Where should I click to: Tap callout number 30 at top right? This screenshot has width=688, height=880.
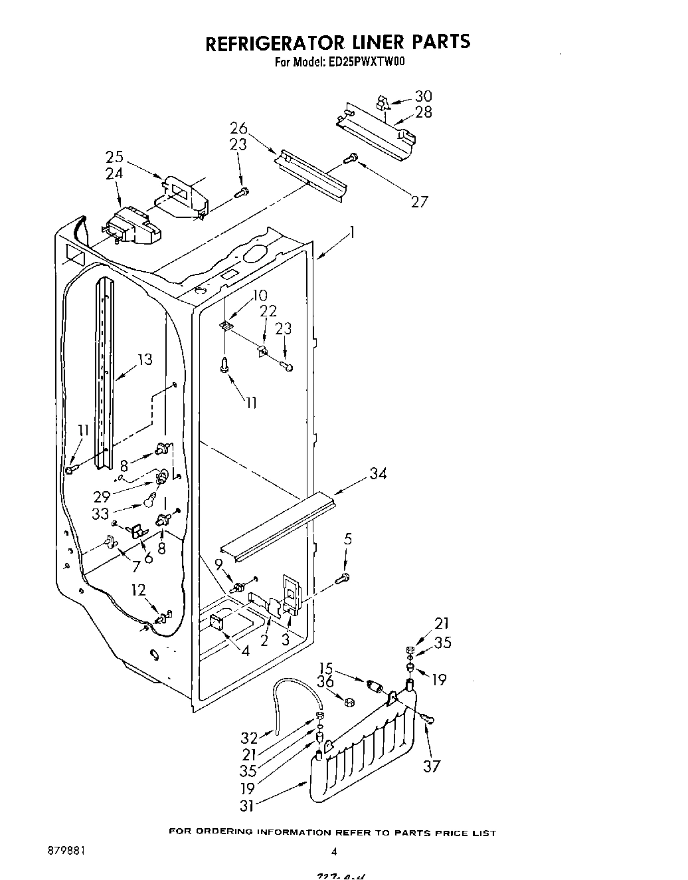423,96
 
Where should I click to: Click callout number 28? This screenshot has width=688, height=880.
423,112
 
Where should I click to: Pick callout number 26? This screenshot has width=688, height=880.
239,128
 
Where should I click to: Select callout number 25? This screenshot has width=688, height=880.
114,158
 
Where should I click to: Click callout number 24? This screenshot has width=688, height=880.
114,173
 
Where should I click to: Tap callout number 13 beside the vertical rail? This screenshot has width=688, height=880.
144,360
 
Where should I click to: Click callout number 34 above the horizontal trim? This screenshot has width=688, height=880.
378,473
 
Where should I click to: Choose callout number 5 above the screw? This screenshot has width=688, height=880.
347,540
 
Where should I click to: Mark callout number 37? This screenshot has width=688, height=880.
432,766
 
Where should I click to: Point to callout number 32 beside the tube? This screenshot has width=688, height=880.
248,738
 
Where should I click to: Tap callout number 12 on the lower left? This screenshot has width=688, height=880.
138,589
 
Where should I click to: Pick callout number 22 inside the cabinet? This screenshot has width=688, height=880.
268,311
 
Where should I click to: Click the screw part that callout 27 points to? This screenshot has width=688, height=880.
351,158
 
